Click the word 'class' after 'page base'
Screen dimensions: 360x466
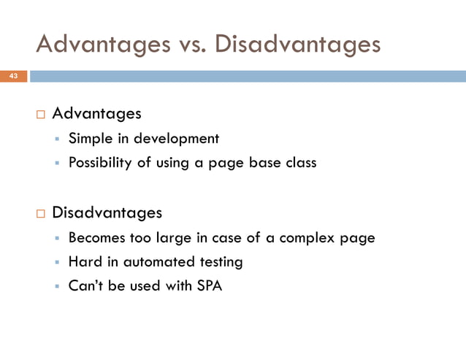pyautogui.click(x=299, y=163)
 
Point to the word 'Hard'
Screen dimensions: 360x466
pyautogui.click(x=84, y=261)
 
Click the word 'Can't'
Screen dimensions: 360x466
pyautogui.click(x=85, y=286)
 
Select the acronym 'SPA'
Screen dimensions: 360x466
pyautogui.click(x=209, y=286)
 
